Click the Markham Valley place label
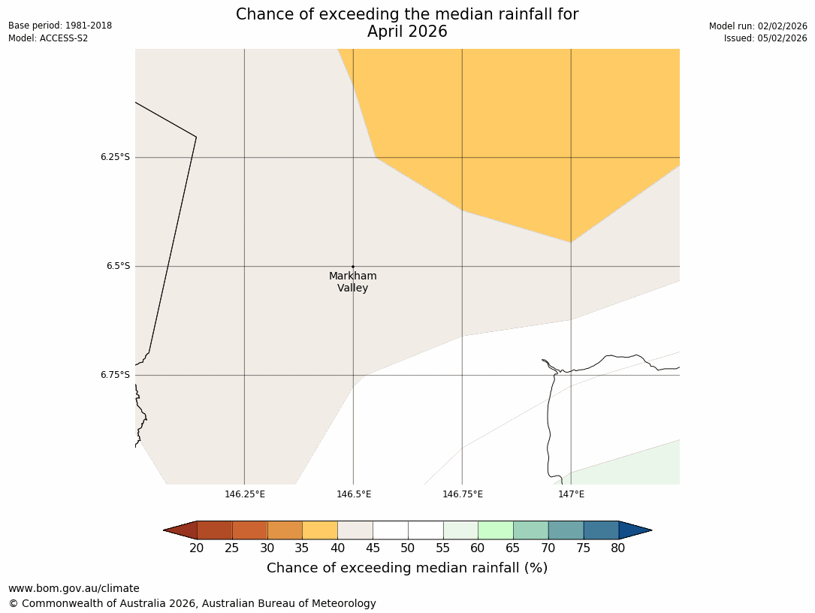tap(352, 282)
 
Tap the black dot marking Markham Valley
tap(353, 266)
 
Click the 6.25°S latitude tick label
tap(115, 157)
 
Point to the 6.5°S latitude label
tap(117, 266)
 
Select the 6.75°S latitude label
tap(115, 375)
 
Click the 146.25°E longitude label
tap(245, 494)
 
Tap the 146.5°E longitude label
tap(354, 494)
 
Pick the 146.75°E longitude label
tap(463, 494)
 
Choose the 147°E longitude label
tap(571, 494)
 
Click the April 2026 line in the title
tap(407, 32)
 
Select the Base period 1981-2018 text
tap(60, 26)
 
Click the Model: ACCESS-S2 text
tap(48, 38)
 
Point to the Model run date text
tap(758, 26)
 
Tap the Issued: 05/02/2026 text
tap(765, 38)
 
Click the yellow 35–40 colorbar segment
tap(320, 530)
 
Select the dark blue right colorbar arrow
tap(635, 530)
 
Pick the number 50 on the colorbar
tap(408, 548)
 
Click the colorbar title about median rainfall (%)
tap(407, 568)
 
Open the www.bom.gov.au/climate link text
tap(74, 588)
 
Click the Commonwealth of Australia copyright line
tap(192, 603)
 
